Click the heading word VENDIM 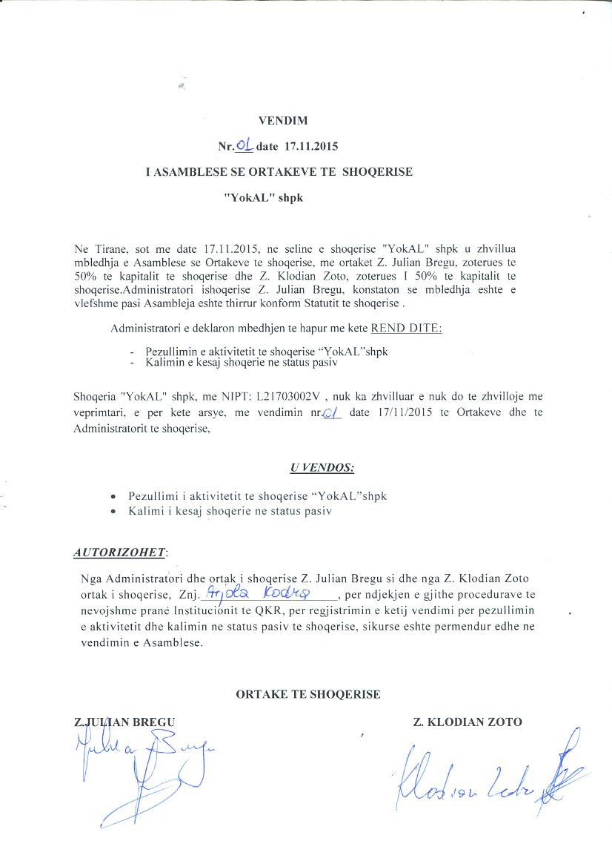click(282, 120)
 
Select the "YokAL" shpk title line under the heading click(264, 199)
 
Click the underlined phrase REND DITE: click(406, 328)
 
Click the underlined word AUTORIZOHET click(120, 553)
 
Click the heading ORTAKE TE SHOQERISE click(307, 694)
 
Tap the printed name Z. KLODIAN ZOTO click(468, 722)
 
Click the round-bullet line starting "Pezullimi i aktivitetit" click(257, 495)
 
